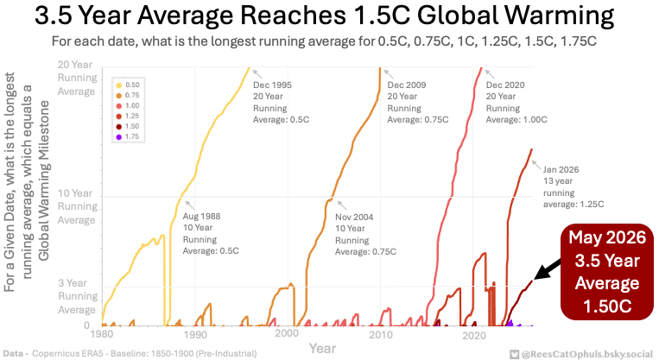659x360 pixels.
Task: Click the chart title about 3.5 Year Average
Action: [324, 16]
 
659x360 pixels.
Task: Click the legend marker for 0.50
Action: [119, 85]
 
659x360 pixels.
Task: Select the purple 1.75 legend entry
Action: [128, 136]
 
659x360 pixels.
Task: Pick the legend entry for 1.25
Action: [128, 116]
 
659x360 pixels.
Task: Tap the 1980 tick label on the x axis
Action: [102, 334]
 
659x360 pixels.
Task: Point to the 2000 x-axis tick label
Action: [287, 333]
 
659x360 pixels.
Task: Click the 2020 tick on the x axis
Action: [474, 335]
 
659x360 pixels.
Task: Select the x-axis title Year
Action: [322, 348]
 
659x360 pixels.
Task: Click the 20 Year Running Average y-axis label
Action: [77, 79]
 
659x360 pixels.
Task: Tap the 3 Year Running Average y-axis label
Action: [77, 296]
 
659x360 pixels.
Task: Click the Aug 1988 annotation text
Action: [211, 234]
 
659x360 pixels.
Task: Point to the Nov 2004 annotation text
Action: [365, 235]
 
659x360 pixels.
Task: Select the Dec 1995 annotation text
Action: [281, 102]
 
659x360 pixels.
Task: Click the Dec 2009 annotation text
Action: [418, 102]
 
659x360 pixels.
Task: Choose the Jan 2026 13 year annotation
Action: [573, 187]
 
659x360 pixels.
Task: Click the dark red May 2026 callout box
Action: [607, 272]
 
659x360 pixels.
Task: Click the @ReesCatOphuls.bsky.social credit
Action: [581, 355]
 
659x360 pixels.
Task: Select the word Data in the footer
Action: [13, 354]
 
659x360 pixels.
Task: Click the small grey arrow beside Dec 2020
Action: [489, 74]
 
